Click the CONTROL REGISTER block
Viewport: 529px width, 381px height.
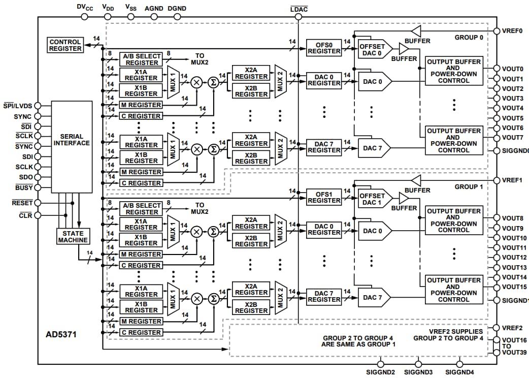[x=65, y=45]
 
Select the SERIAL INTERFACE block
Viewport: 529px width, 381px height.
[x=72, y=140]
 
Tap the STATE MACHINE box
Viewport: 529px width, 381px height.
[x=73, y=236]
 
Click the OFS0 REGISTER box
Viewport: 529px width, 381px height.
[x=324, y=48]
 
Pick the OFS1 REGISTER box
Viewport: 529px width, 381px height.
[x=324, y=197]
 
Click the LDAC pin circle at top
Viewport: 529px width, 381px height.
[x=298, y=17]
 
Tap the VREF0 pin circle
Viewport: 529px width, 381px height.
[x=496, y=31]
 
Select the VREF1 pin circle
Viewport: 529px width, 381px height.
[x=496, y=180]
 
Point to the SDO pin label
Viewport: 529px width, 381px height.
[x=25, y=177]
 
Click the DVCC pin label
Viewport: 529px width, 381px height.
[x=85, y=7]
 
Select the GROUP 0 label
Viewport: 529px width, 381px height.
[x=469, y=38]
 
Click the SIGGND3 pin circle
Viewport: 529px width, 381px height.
[x=418, y=364]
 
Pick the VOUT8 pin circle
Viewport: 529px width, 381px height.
[x=496, y=218]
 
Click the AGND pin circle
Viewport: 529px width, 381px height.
[x=153, y=17]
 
